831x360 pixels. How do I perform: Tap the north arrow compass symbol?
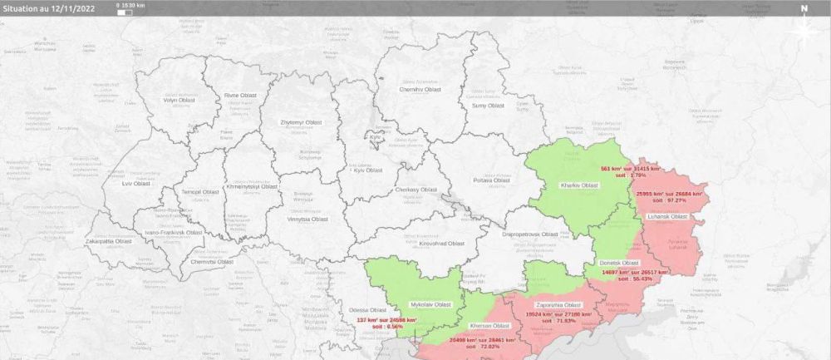pyautogui.click(x=804, y=22)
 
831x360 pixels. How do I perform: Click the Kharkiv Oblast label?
pyautogui.click(x=580, y=184)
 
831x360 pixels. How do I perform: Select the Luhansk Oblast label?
pyautogui.click(x=667, y=216)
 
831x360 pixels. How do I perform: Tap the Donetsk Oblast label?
pyautogui.click(x=620, y=263)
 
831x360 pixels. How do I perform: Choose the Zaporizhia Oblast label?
pyautogui.click(x=558, y=304)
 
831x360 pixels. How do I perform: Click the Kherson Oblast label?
pyautogui.click(x=489, y=326)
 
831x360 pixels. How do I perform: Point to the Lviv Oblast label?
pyautogui.click(x=135, y=183)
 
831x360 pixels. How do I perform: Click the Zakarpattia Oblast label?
pyautogui.click(x=109, y=241)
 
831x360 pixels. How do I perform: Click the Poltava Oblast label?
pyautogui.click(x=490, y=180)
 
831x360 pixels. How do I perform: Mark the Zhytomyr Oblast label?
pyautogui.click(x=301, y=122)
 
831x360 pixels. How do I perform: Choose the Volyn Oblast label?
pyautogui.click(x=177, y=101)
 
